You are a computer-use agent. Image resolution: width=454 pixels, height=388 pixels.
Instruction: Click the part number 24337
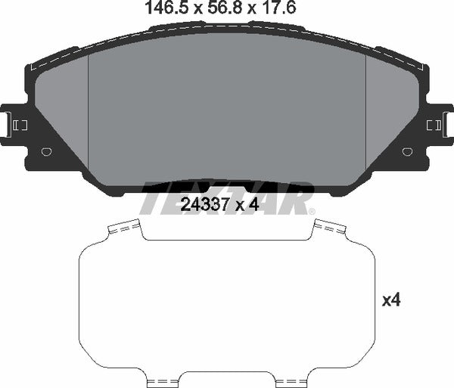coord(204,203)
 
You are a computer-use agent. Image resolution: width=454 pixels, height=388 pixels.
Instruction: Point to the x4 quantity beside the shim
coord(390,300)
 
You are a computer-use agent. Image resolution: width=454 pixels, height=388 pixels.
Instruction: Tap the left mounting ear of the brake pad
coord(14,124)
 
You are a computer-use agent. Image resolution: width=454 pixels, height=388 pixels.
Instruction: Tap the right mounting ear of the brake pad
coord(440,124)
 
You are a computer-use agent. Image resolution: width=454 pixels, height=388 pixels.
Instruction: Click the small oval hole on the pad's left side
coord(47,151)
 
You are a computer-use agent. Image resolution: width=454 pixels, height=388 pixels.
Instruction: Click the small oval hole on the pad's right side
coord(407,151)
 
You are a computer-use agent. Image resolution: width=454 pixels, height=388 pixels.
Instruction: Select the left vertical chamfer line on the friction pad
coord(89,113)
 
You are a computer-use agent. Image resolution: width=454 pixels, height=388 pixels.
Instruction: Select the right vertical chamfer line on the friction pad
coord(366,113)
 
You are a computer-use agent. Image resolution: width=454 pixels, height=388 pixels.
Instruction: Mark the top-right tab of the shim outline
coord(329,226)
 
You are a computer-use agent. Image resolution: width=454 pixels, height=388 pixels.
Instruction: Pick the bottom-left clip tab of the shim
coord(161,380)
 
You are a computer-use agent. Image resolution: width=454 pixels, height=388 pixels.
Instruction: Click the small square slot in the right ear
coord(434,124)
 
